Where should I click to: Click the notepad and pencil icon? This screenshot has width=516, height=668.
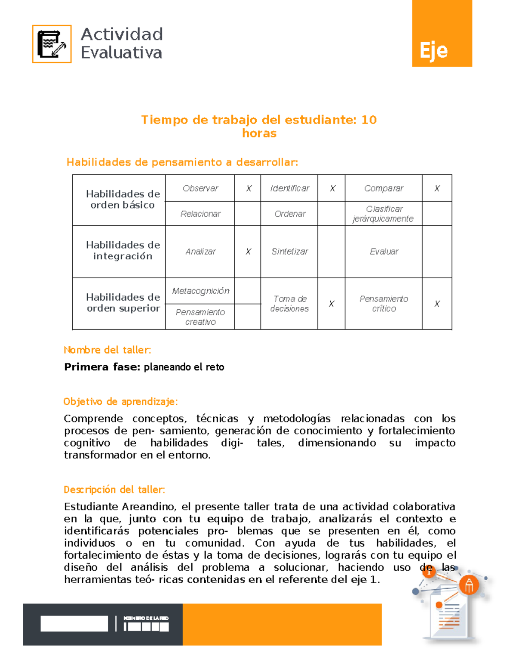pyautogui.click(x=52, y=44)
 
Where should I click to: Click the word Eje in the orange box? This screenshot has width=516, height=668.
pyautogui.click(x=433, y=51)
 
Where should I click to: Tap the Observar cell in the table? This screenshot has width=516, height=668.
pyautogui.click(x=200, y=188)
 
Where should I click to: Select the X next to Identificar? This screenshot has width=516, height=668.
pyautogui.click(x=332, y=188)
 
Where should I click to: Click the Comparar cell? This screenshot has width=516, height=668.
pyautogui.click(x=384, y=188)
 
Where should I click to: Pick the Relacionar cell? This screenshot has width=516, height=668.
pyautogui.click(x=200, y=214)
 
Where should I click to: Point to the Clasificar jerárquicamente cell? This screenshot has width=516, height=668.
pyautogui.click(x=384, y=214)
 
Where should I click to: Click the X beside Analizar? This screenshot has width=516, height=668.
pyautogui.click(x=248, y=252)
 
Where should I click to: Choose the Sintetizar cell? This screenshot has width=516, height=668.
pyautogui.click(x=289, y=252)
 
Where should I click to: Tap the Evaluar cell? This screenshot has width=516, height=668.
pyautogui.click(x=384, y=252)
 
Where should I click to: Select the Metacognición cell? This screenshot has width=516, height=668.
pyautogui.click(x=200, y=291)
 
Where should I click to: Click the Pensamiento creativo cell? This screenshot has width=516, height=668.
pyautogui.click(x=200, y=317)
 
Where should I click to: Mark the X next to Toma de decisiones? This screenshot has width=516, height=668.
pyautogui.click(x=332, y=304)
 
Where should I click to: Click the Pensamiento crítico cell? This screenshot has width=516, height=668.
pyautogui.click(x=384, y=304)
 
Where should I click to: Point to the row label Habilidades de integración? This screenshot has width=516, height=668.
pyautogui.click(x=123, y=250)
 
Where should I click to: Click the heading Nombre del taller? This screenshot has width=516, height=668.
pyautogui.click(x=107, y=350)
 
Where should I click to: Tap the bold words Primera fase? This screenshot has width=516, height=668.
pyautogui.click(x=102, y=367)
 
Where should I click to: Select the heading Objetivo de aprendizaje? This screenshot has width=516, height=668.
pyautogui.click(x=120, y=402)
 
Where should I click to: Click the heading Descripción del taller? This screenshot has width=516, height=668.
pyautogui.click(x=114, y=489)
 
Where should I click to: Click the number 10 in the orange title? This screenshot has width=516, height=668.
pyautogui.click(x=369, y=120)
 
